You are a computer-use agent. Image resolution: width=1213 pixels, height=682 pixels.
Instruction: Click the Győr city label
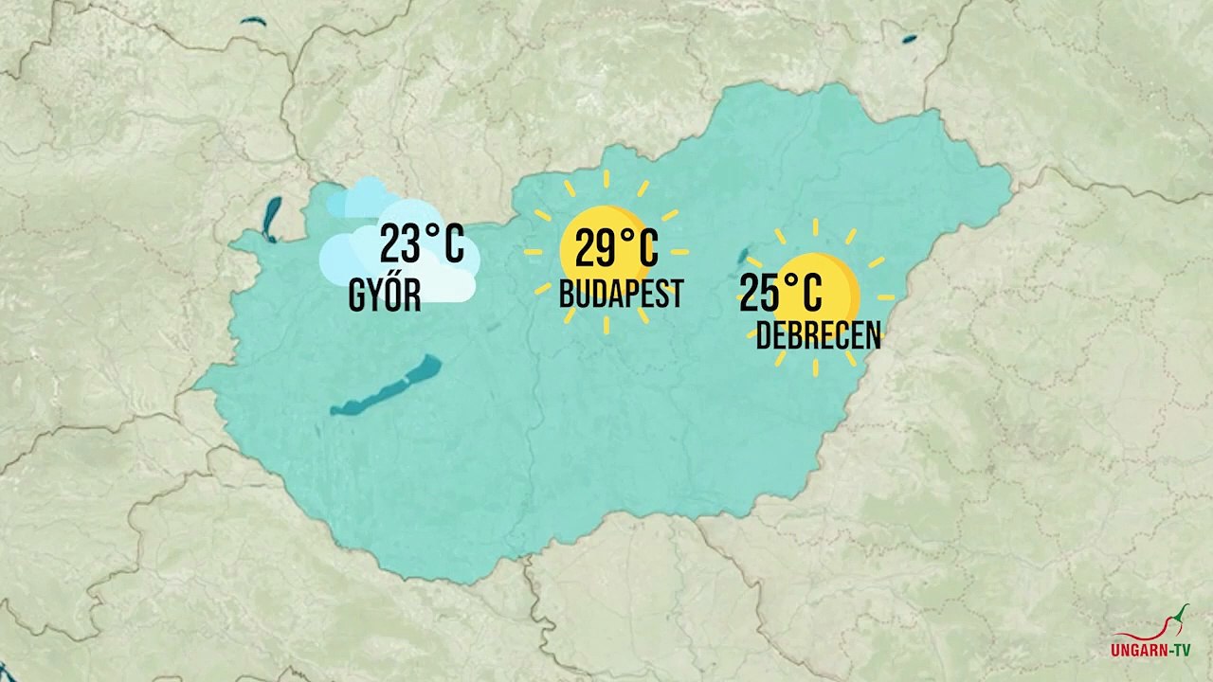coord(385,296)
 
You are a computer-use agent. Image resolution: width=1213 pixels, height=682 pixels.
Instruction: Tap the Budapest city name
coord(621,294)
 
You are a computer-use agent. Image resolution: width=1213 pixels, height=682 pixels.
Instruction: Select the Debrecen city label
coord(818,335)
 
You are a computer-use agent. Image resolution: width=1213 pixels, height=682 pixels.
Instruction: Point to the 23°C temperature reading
coord(423,244)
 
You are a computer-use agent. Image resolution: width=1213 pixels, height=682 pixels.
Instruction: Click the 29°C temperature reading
coord(616,249)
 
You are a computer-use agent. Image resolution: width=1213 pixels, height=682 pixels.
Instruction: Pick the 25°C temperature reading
coord(781,292)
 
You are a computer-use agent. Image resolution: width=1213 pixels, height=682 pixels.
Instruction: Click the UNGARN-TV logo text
coord(1150,651)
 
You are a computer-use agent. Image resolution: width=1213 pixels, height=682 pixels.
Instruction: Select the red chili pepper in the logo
coord(1178,619)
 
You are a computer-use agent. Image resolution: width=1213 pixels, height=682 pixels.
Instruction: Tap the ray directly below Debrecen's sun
coord(816,366)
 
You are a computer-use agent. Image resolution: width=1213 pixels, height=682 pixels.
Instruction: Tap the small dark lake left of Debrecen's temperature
coord(744,257)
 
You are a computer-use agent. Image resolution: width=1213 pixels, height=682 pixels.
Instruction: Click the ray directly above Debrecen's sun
coord(816,226)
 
